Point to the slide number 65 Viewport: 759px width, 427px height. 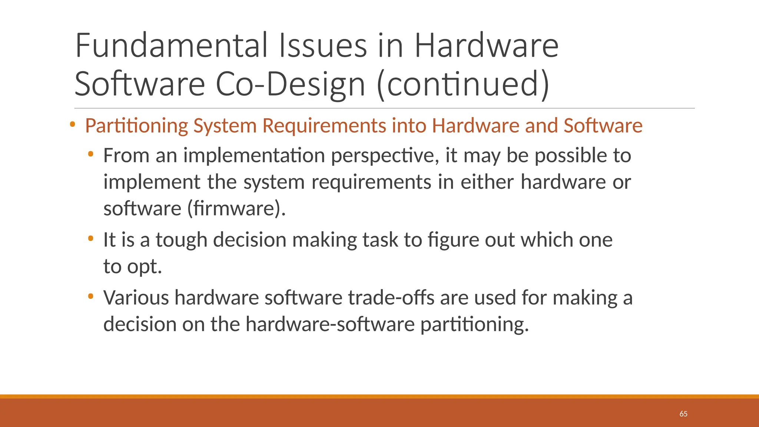click(x=683, y=414)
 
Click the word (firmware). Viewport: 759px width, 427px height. click(x=236, y=208)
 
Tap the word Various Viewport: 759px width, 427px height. click(x=136, y=298)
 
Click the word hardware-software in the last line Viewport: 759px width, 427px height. click(x=330, y=324)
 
